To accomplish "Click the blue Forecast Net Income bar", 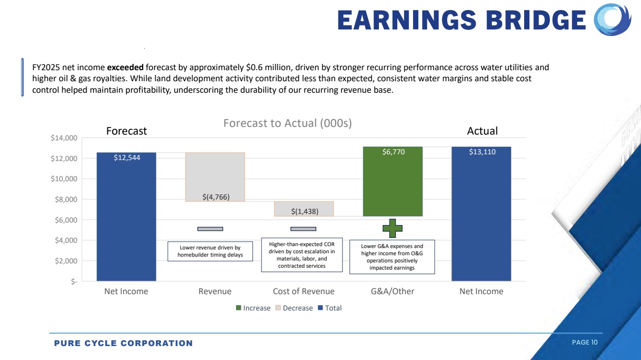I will coord(126,216).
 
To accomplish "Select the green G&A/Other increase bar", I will coord(392,182).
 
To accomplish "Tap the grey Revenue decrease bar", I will coord(215,176).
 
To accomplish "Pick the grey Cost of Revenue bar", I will coord(303,209).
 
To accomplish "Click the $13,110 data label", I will coord(482,152).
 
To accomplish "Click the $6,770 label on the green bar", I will coord(393,152).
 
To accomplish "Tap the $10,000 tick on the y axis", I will coord(64,179).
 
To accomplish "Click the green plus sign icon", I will coord(392,228).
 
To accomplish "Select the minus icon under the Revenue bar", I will coord(210,229).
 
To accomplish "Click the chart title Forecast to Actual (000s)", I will coord(288,123).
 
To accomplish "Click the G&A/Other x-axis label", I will coord(392,291).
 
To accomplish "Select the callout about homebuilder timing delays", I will coord(210,251).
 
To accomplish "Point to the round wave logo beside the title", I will coord(613,20).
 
